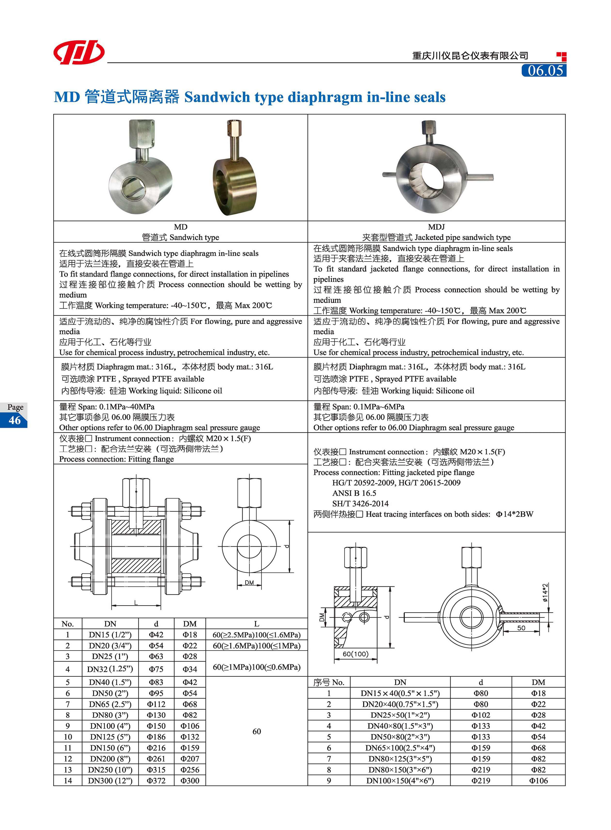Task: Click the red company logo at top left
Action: pyautogui.click(x=79, y=52)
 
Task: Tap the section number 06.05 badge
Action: pyautogui.click(x=544, y=70)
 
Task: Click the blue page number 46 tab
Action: pyautogui.click(x=15, y=420)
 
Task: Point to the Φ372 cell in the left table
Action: pyautogui.click(x=156, y=781)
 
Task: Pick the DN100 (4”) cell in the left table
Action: pyautogui.click(x=110, y=726)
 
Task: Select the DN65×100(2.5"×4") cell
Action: pyautogui.click(x=400, y=748)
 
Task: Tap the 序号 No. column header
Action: pyautogui.click(x=329, y=682)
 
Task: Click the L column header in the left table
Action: pyautogui.click(x=257, y=624)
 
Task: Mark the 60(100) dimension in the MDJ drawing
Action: pyautogui.click(x=356, y=654)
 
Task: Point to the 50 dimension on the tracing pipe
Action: pyautogui.click(x=521, y=628)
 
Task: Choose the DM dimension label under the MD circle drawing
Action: pyautogui.click(x=249, y=583)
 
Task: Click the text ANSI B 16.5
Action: pyautogui.click(x=354, y=493)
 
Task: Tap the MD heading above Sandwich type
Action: pyautogui.click(x=181, y=227)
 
